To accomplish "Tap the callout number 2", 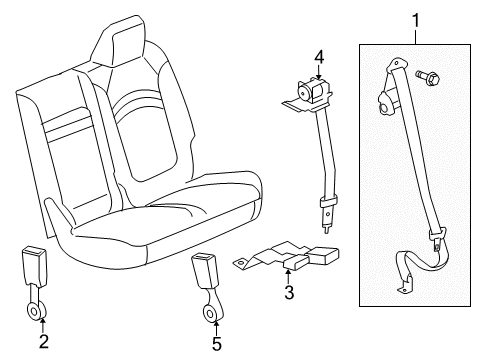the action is click(x=42, y=343).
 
